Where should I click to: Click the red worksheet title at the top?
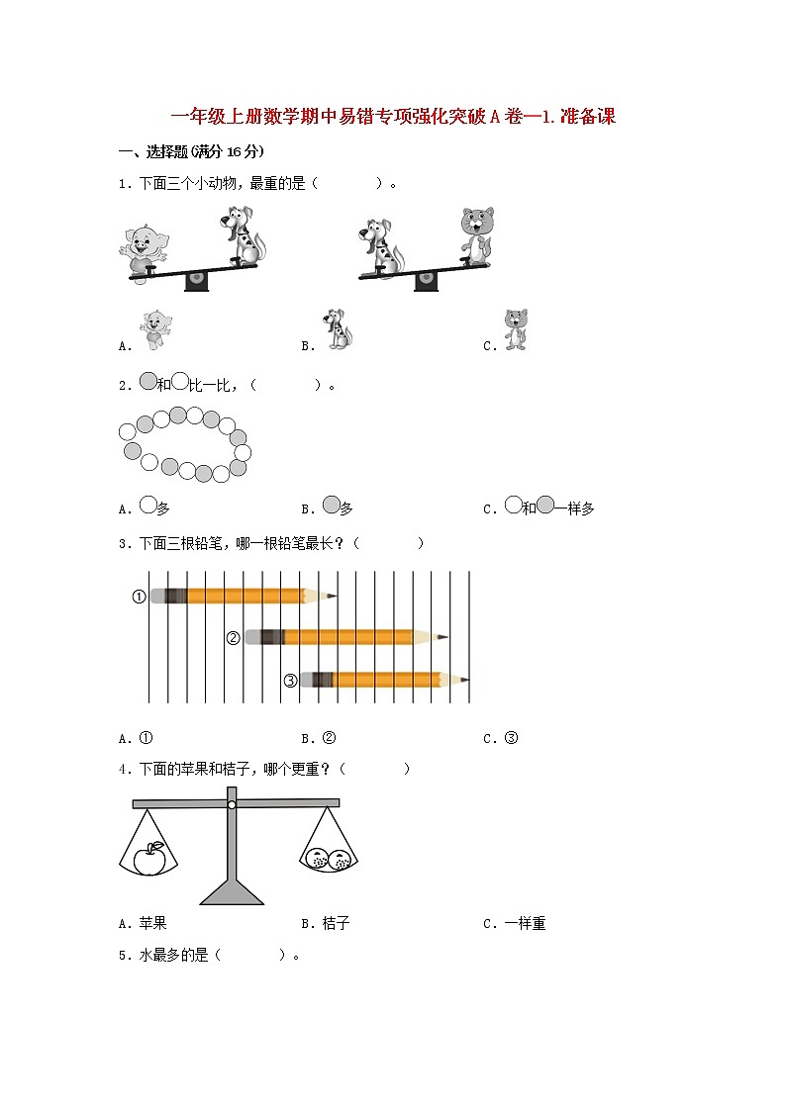393,117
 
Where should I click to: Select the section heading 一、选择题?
191,151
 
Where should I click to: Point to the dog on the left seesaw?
241,234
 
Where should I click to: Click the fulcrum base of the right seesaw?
426,281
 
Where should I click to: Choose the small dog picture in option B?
338,329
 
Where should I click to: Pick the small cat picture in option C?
515,329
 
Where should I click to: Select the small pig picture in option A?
153,329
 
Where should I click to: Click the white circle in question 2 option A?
147,506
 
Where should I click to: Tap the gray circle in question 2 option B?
332,506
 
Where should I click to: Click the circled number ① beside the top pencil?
140,597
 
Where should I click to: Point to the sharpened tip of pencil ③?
464,680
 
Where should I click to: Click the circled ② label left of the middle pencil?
234,638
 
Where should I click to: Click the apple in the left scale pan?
149,858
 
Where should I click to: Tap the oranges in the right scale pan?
328,859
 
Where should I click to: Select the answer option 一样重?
525,923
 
